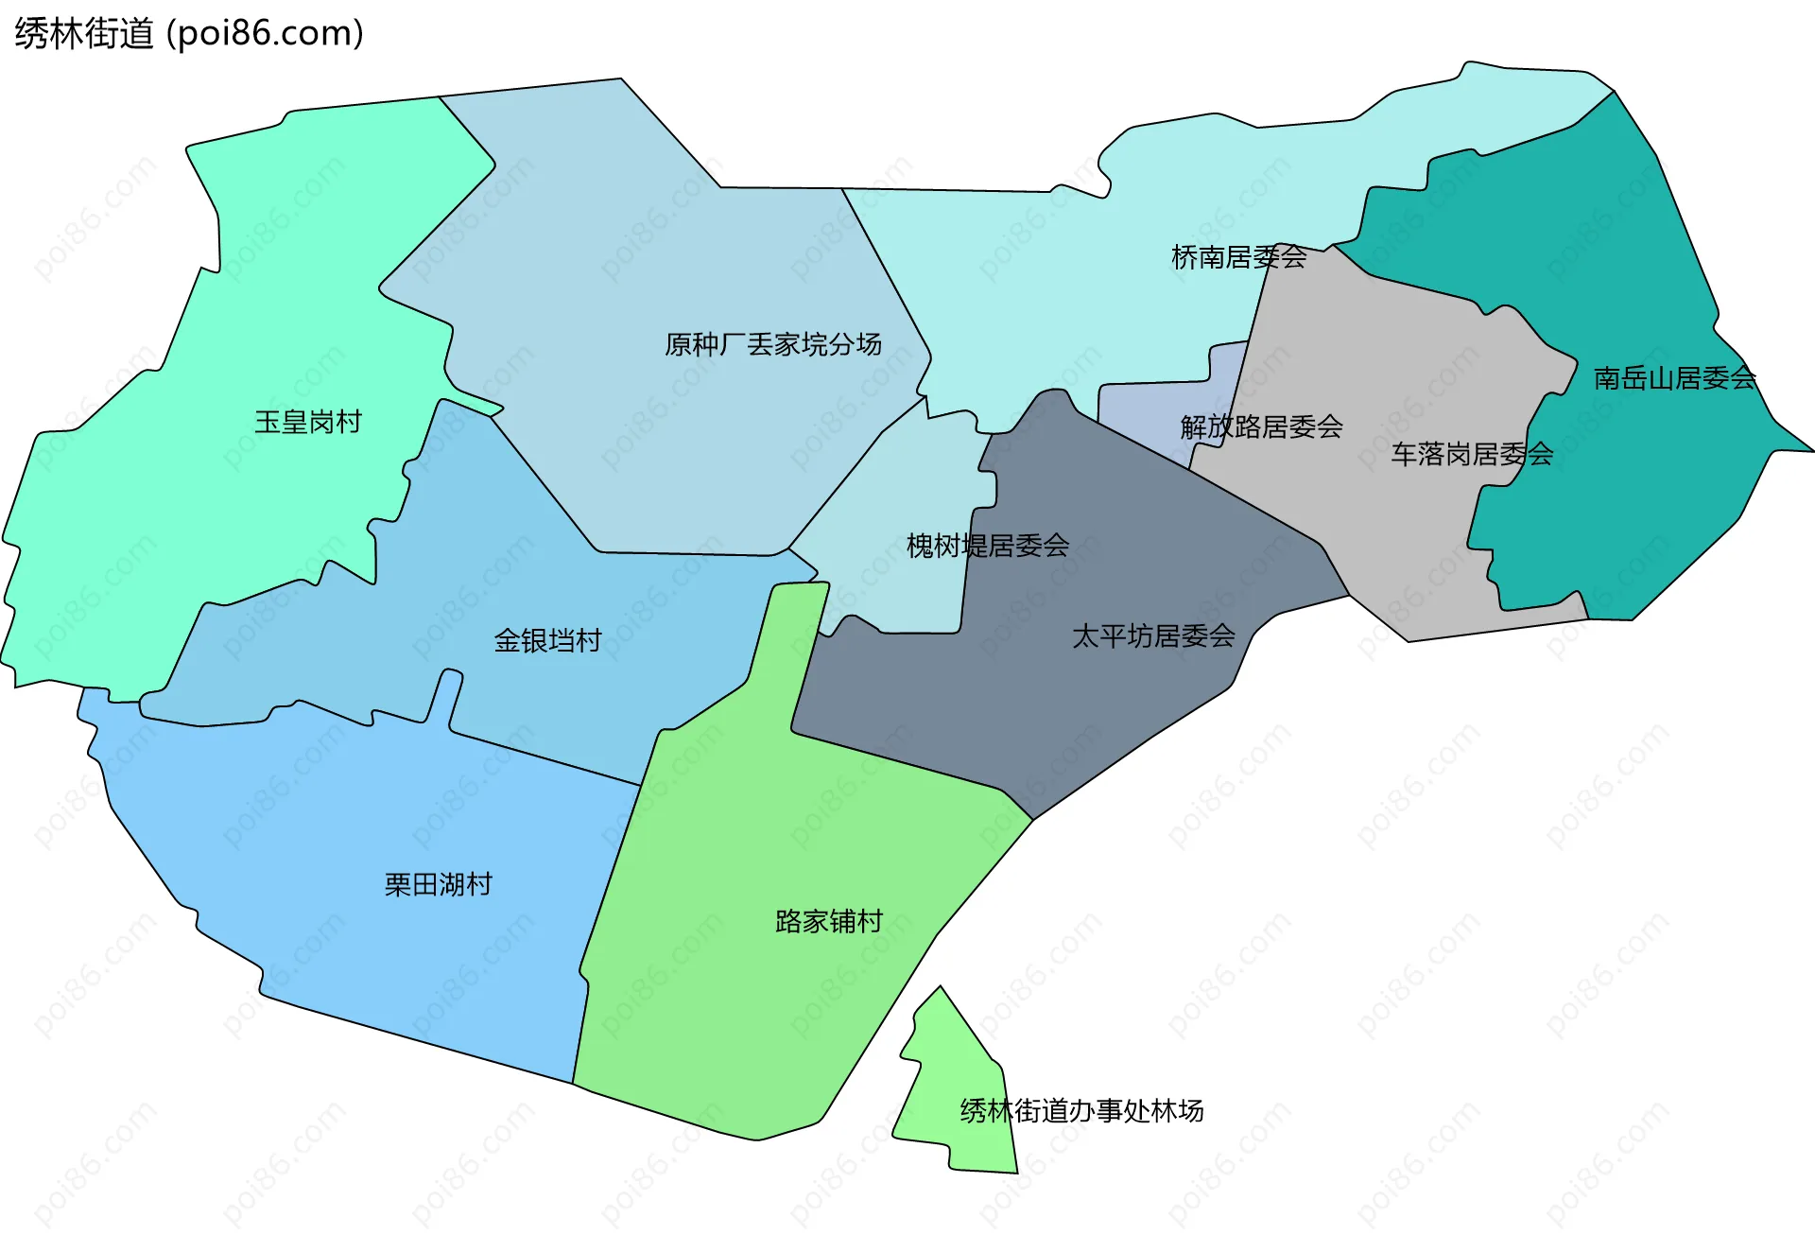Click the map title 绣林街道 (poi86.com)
coord(189,34)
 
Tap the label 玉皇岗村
coord(308,422)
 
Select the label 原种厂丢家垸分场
coord(772,344)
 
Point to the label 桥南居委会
coord(1238,257)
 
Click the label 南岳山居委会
coord(1674,378)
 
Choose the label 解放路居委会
coord(1261,427)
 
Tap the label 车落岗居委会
coord(1472,455)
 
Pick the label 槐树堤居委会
coord(988,546)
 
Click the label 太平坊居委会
coord(1153,636)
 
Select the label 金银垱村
coord(548,641)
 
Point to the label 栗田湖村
coord(439,884)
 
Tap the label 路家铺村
coord(829,921)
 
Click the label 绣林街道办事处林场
coord(1081,1110)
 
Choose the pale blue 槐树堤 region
coord(898,586)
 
